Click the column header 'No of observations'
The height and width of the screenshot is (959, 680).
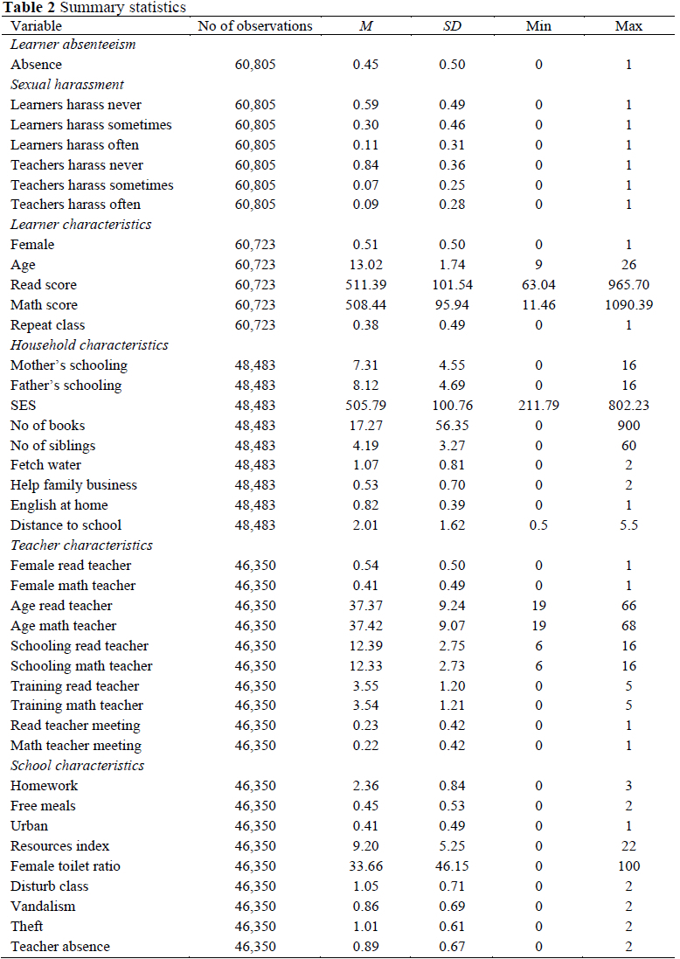tap(254, 26)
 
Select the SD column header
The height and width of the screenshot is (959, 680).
tap(452, 26)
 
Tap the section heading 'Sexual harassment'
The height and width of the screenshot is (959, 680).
tap(67, 85)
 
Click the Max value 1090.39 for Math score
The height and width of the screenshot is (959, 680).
tap(628, 305)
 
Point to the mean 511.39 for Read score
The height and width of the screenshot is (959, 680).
tap(365, 285)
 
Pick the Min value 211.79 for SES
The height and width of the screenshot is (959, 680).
tap(538, 406)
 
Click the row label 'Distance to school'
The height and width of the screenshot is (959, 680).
tap(66, 525)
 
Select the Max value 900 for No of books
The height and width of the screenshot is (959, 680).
tap(628, 426)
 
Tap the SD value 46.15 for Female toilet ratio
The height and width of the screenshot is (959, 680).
tap(452, 866)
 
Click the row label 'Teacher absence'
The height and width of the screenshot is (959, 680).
tap(60, 947)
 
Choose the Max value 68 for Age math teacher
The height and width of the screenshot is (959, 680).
tap(628, 626)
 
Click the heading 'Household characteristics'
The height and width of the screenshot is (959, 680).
tap(89, 345)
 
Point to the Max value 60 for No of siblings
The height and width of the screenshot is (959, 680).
tap(628, 446)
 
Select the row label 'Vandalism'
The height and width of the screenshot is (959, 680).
tap(43, 907)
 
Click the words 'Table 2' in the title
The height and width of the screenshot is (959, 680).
tap(28, 8)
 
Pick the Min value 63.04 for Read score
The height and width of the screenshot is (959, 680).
tap(538, 285)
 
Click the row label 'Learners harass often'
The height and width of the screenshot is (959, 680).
tap(74, 145)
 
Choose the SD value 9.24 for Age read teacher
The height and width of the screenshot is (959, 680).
tap(452, 606)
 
